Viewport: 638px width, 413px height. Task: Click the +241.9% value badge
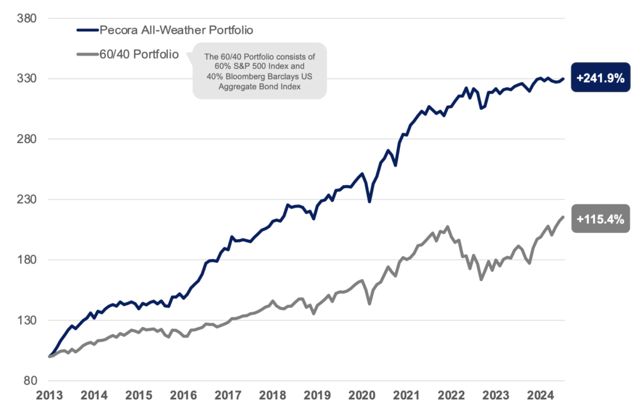click(x=601, y=78)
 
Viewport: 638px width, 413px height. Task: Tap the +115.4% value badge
click(x=601, y=219)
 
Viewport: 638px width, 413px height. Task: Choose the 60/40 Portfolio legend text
click(x=139, y=54)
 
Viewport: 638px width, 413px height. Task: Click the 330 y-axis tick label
click(x=27, y=78)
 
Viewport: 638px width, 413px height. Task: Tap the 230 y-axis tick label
click(x=27, y=199)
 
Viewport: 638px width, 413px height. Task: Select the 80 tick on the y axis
click(x=30, y=381)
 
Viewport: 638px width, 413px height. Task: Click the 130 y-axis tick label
click(x=27, y=320)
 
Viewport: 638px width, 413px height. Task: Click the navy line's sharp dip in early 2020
click(x=370, y=202)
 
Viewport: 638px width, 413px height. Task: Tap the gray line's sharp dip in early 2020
click(x=370, y=303)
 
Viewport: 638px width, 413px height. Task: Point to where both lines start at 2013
click(x=50, y=356)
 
